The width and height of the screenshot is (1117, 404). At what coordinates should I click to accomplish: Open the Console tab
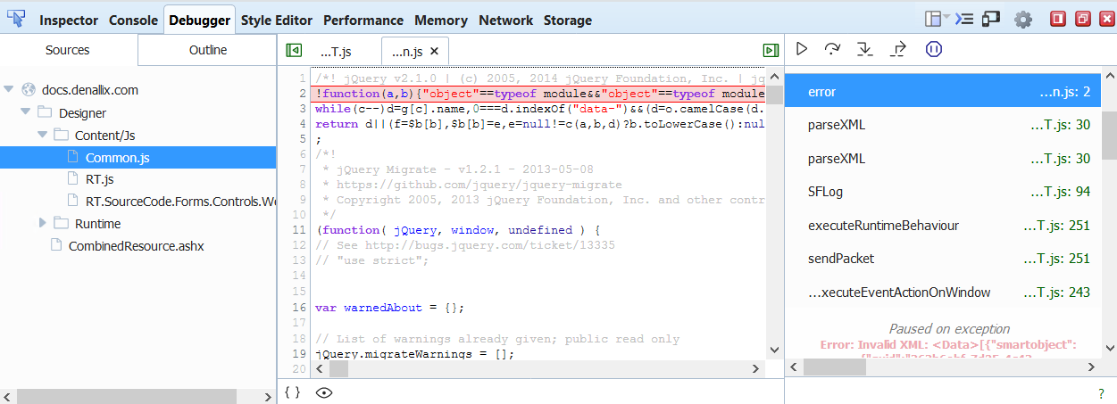pos(134,20)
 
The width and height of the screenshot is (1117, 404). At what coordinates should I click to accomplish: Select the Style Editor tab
pos(277,20)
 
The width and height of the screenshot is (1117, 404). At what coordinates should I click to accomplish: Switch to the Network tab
pos(505,20)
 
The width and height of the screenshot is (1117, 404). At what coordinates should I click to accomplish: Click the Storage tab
pos(568,20)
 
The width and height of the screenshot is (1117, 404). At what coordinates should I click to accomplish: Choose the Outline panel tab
pos(208,50)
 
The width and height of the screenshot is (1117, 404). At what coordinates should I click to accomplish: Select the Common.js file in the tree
pos(117,158)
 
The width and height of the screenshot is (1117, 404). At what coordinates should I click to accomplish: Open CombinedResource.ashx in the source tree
pos(137,245)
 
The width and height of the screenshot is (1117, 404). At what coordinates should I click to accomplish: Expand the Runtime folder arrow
pos(42,223)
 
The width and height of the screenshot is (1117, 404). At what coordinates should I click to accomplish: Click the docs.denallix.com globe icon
pos(28,90)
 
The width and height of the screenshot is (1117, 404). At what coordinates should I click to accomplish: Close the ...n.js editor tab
pos(434,51)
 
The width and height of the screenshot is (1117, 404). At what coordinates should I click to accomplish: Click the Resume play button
pos(802,49)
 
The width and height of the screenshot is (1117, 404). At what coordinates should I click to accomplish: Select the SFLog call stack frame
pos(825,192)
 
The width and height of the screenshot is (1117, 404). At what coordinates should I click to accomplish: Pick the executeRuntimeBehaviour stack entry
pos(883,225)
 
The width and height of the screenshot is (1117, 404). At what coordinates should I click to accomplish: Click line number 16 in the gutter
pos(299,308)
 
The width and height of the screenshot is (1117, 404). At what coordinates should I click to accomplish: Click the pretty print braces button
pos(291,392)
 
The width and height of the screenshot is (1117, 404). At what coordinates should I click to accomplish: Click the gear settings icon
pos(1023,20)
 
